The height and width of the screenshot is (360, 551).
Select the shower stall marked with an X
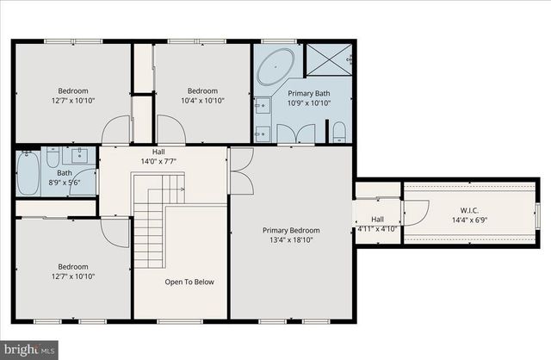[x=329, y=61]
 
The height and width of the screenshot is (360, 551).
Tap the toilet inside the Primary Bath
[x=339, y=132]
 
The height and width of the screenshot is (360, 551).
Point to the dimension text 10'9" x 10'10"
[x=308, y=102]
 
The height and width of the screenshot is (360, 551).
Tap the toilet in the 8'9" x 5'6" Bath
[x=53, y=158]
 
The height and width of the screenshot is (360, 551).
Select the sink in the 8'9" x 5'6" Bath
[x=80, y=156]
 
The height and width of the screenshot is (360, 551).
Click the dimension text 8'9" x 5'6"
[x=65, y=183]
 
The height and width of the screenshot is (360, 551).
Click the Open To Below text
[x=189, y=282]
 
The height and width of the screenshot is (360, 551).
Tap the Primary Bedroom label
[x=291, y=230]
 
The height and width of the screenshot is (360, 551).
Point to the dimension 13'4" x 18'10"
[x=291, y=241]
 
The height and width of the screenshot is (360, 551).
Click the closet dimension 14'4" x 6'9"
[x=469, y=219]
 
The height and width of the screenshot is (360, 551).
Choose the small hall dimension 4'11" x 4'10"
[x=376, y=229]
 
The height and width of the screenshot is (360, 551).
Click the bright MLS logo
[x=29, y=349]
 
